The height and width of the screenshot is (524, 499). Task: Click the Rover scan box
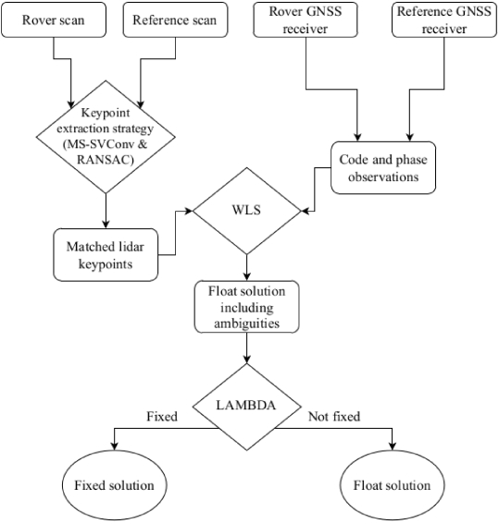click(x=54, y=19)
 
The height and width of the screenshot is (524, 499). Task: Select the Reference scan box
click(x=175, y=19)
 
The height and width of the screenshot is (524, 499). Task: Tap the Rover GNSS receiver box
click(x=306, y=19)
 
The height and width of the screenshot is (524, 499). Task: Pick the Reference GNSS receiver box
click(x=444, y=19)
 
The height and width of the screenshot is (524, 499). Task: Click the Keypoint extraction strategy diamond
click(x=106, y=137)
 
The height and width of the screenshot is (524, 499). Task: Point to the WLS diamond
click(x=246, y=211)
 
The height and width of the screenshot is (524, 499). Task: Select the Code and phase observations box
click(x=383, y=168)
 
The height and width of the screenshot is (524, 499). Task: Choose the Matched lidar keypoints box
click(x=106, y=255)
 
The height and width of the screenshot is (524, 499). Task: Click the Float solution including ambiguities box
click(x=246, y=307)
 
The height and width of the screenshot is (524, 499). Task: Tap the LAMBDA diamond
click(x=246, y=407)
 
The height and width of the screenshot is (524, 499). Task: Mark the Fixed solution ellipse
click(x=115, y=484)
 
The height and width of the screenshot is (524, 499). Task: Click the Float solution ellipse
click(x=392, y=484)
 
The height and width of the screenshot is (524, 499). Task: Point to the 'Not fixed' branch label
click(x=334, y=417)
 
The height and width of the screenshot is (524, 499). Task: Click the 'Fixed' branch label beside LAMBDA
click(x=162, y=417)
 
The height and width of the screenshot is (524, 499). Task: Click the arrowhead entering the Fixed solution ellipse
click(x=115, y=446)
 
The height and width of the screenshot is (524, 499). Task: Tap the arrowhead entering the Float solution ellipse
click(x=392, y=446)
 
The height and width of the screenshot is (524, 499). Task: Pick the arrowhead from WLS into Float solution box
click(x=246, y=276)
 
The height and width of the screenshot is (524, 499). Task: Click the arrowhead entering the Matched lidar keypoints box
click(x=106, y=225)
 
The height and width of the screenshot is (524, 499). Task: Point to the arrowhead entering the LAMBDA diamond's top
click(x=246, y=359)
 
